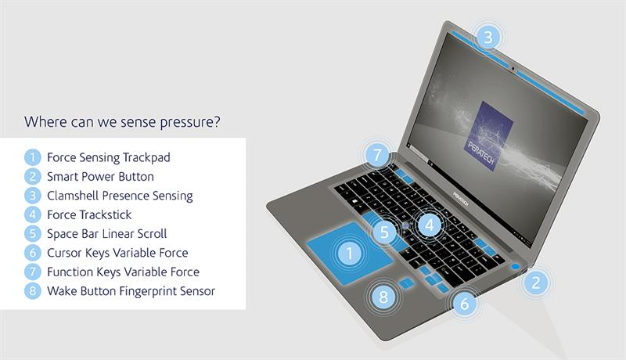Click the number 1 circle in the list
point(32,157)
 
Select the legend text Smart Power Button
point(100,176)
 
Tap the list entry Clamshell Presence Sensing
point(120,196)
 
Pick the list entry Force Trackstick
point(89,214)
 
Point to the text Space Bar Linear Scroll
point(106,234)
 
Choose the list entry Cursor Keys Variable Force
point(117,253)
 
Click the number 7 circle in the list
point(32,272)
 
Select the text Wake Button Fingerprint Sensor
point(131,291)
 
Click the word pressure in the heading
point(189,122)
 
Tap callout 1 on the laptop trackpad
point(350,254)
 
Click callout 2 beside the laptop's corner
point(536,283)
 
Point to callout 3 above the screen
point(487,37)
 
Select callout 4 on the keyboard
point(429,225)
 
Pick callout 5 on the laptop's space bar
point(384,232)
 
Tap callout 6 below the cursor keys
point(465,304)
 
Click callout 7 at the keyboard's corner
point(377,154)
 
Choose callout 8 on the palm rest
point(383,297)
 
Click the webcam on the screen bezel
point(513,69)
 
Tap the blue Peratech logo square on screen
point(488,135)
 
